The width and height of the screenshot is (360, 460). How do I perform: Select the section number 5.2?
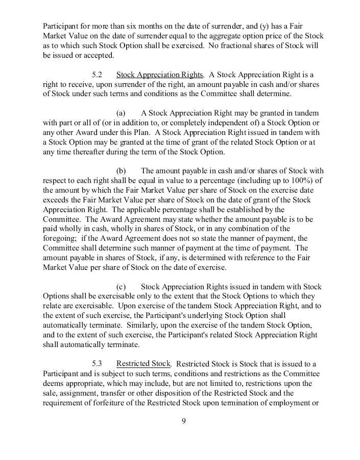pos(97,75)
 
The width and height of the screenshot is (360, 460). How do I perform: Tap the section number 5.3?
pos(97,364)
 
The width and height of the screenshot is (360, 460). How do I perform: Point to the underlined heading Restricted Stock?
pos(143,364)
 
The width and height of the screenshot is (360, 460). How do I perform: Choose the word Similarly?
pos(143,325)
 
